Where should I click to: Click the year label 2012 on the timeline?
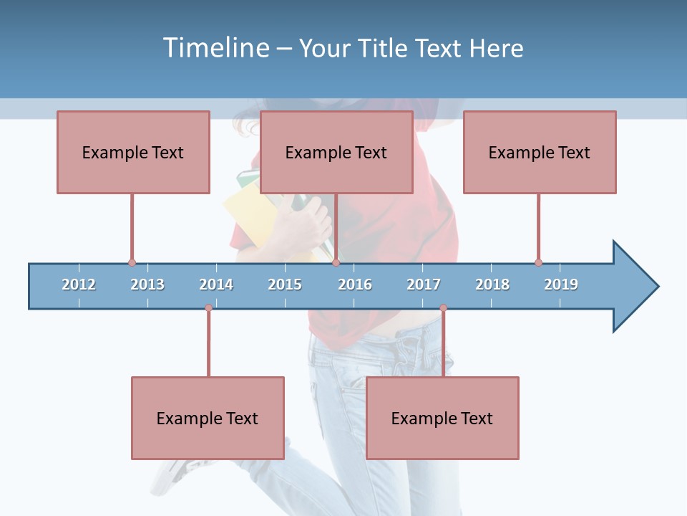tap(79, 285)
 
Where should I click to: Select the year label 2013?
tap(147, 285)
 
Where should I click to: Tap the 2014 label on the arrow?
tap(216, 285)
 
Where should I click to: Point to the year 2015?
tap(285, 285)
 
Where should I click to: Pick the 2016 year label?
tap(355, 285)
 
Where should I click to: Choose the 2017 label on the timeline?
tap(424, 285)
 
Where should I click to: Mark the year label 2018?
tap(492, 285)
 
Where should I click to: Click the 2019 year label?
tap(561, 285)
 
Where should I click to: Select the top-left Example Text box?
tap(133, 152)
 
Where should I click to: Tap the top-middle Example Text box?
tap(336, 152)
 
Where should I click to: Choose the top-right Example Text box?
tap(540, 152)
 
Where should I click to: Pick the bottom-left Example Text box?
tap(208, 418)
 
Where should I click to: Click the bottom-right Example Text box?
tap(442, 418)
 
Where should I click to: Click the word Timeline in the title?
tap(215, 48)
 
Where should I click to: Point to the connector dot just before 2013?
tap(132, 263)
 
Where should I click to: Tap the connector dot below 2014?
tap(208, 308)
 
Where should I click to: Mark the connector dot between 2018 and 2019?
tap(538, 263)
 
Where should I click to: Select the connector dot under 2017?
tap(443, 308)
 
